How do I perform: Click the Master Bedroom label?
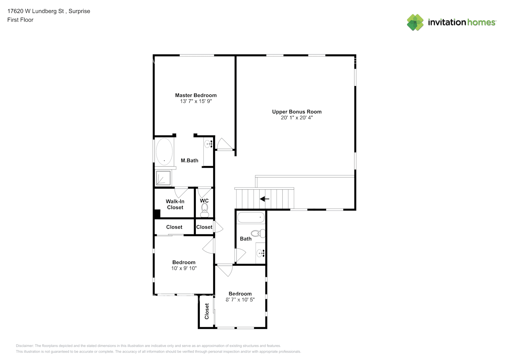point(196,95)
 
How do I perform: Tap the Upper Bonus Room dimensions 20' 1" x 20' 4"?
point(297,117)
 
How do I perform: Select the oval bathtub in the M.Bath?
point(164,151)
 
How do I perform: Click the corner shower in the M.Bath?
point(163,178)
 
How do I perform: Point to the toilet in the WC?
point(204,210)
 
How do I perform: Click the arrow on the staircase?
point(265,199)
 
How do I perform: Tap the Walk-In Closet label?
point(175,204)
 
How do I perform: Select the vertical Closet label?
point(207,311)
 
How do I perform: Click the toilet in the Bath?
point(258,233)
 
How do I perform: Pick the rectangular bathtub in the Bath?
point(251,217)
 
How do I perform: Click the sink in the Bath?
point(260,253)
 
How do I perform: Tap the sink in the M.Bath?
point(208,144)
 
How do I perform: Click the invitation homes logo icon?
point(415,22)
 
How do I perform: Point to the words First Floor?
point(20,20)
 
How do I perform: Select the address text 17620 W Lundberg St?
point(35,11)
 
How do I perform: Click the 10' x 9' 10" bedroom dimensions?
point(184,268)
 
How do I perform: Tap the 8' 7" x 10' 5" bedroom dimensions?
point(240,300)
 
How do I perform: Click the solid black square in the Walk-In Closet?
point(157,214)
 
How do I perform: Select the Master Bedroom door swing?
point(225,144)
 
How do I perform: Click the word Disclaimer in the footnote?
point(24,346)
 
